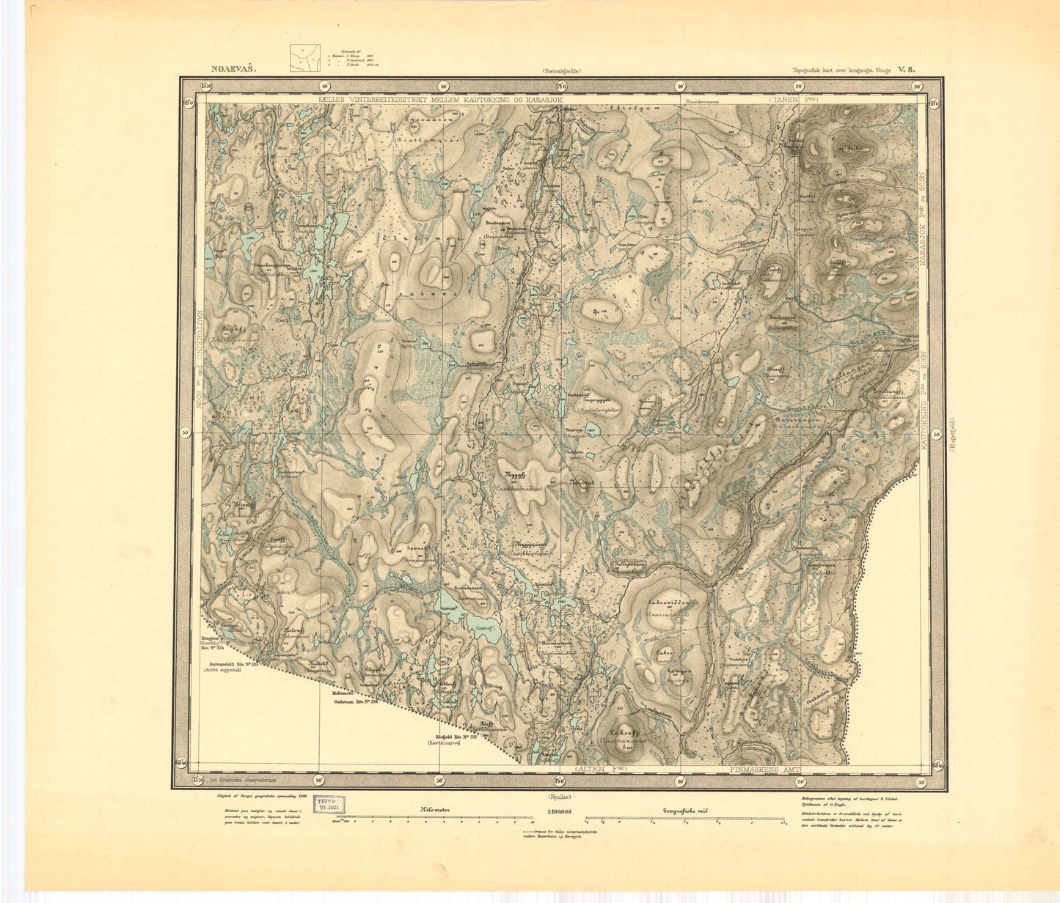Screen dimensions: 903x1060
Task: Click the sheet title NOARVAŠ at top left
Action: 234,70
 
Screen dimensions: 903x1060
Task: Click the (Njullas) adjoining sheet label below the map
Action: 560,796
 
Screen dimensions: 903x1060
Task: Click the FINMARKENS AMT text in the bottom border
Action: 766,770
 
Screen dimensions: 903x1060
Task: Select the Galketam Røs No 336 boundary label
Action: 354,701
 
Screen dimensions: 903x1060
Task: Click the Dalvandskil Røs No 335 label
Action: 231,663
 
